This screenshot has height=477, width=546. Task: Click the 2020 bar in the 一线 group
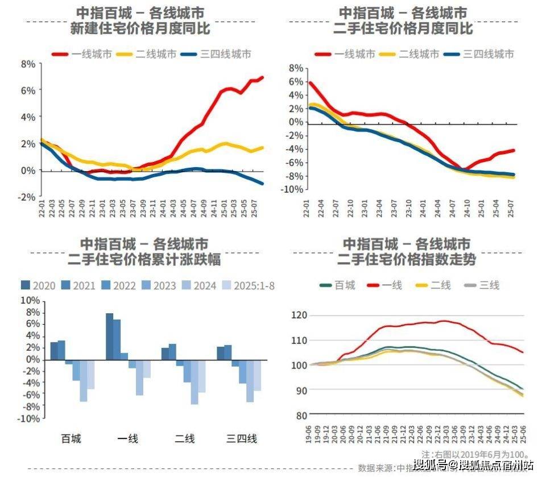[109, 337]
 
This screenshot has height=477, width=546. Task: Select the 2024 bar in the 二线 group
[194, 381]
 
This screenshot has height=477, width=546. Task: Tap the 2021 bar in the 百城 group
[61, 350]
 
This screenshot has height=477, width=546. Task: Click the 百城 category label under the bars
[71, 438]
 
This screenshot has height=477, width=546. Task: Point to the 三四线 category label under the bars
[242, 438]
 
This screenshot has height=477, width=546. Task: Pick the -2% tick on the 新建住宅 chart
[27, 197]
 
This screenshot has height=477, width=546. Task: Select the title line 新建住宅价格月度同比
[136, 28]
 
